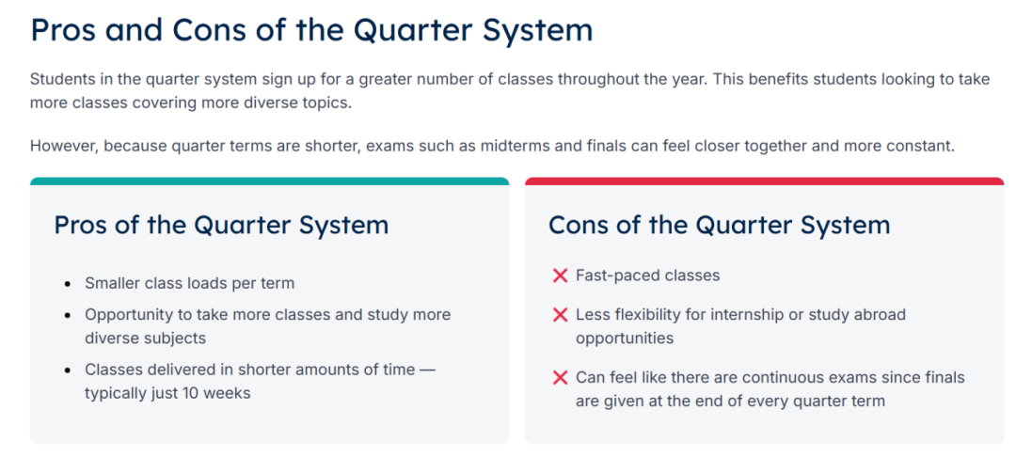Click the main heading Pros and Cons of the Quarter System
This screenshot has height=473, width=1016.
point(311,30)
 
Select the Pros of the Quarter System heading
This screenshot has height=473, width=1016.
point(221,226)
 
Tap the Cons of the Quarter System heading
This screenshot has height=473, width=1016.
point(720,226)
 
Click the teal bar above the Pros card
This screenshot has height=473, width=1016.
point(270,181)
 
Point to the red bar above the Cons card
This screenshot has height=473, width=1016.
point(764,181)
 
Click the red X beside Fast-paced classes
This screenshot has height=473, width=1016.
point(561,276)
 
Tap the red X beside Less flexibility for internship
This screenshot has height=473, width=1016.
point(561,316)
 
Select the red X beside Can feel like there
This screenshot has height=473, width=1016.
point(561,378)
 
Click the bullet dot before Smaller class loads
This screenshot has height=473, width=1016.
point(68,284)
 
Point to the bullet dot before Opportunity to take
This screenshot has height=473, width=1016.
point(68,316)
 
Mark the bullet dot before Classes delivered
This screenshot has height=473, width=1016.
point(68,371)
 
